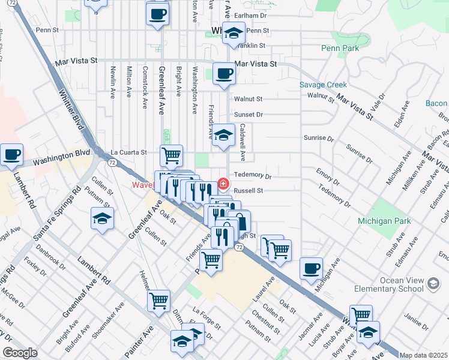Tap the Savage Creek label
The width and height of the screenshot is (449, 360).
(324, 85)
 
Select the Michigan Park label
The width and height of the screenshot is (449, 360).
(384, 221)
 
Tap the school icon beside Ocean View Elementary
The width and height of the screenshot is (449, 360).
(432, 283)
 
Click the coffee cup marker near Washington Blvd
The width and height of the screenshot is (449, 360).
(11, 155)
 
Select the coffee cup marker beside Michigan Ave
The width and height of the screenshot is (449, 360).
(311, 269)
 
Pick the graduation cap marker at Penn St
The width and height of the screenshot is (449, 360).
(233, 34)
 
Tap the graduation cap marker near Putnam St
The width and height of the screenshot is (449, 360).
(102, 218)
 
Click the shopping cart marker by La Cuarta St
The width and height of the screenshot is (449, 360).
(171, 155)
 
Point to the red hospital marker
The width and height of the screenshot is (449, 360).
(223, 182)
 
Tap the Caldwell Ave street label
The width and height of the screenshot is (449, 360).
(243, 143)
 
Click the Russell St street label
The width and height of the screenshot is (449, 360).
(249, 191)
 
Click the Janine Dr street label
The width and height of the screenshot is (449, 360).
(433, 317)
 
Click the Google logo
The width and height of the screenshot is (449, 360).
(20, 353)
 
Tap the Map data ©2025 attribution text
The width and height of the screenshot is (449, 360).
(423, 355)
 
